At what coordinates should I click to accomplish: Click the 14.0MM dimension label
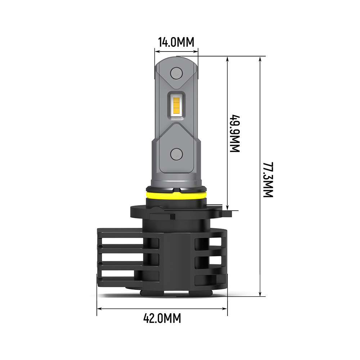coord(176,42)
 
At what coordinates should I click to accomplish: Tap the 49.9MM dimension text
coord(235,134)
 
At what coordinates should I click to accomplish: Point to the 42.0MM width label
coord(162,318)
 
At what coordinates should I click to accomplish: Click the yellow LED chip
coord(176,103)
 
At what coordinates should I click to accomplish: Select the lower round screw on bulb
coord(176,154)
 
